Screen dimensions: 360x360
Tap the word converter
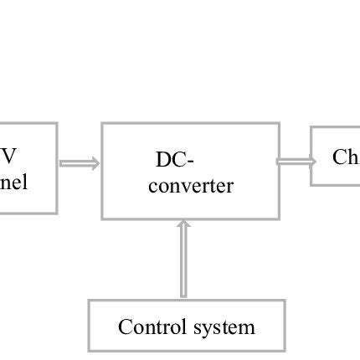(191, 186)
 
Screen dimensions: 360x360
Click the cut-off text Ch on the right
(345, 157)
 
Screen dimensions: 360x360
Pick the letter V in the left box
(8, 157)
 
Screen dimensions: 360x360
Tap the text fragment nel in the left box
(13, 183)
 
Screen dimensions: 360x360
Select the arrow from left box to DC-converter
(80, 164)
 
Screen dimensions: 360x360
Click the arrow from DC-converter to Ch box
(296, 161)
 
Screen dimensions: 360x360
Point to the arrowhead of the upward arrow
(184, 223)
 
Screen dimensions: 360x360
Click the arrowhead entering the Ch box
(311, 161)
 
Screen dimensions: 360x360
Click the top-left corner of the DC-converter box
(102, 124)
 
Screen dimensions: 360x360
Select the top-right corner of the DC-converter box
(279, 124)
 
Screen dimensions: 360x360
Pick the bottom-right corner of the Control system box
(285, 351)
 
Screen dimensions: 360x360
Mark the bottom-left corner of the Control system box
(90, 351)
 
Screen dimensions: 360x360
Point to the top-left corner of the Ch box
(311, 128)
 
